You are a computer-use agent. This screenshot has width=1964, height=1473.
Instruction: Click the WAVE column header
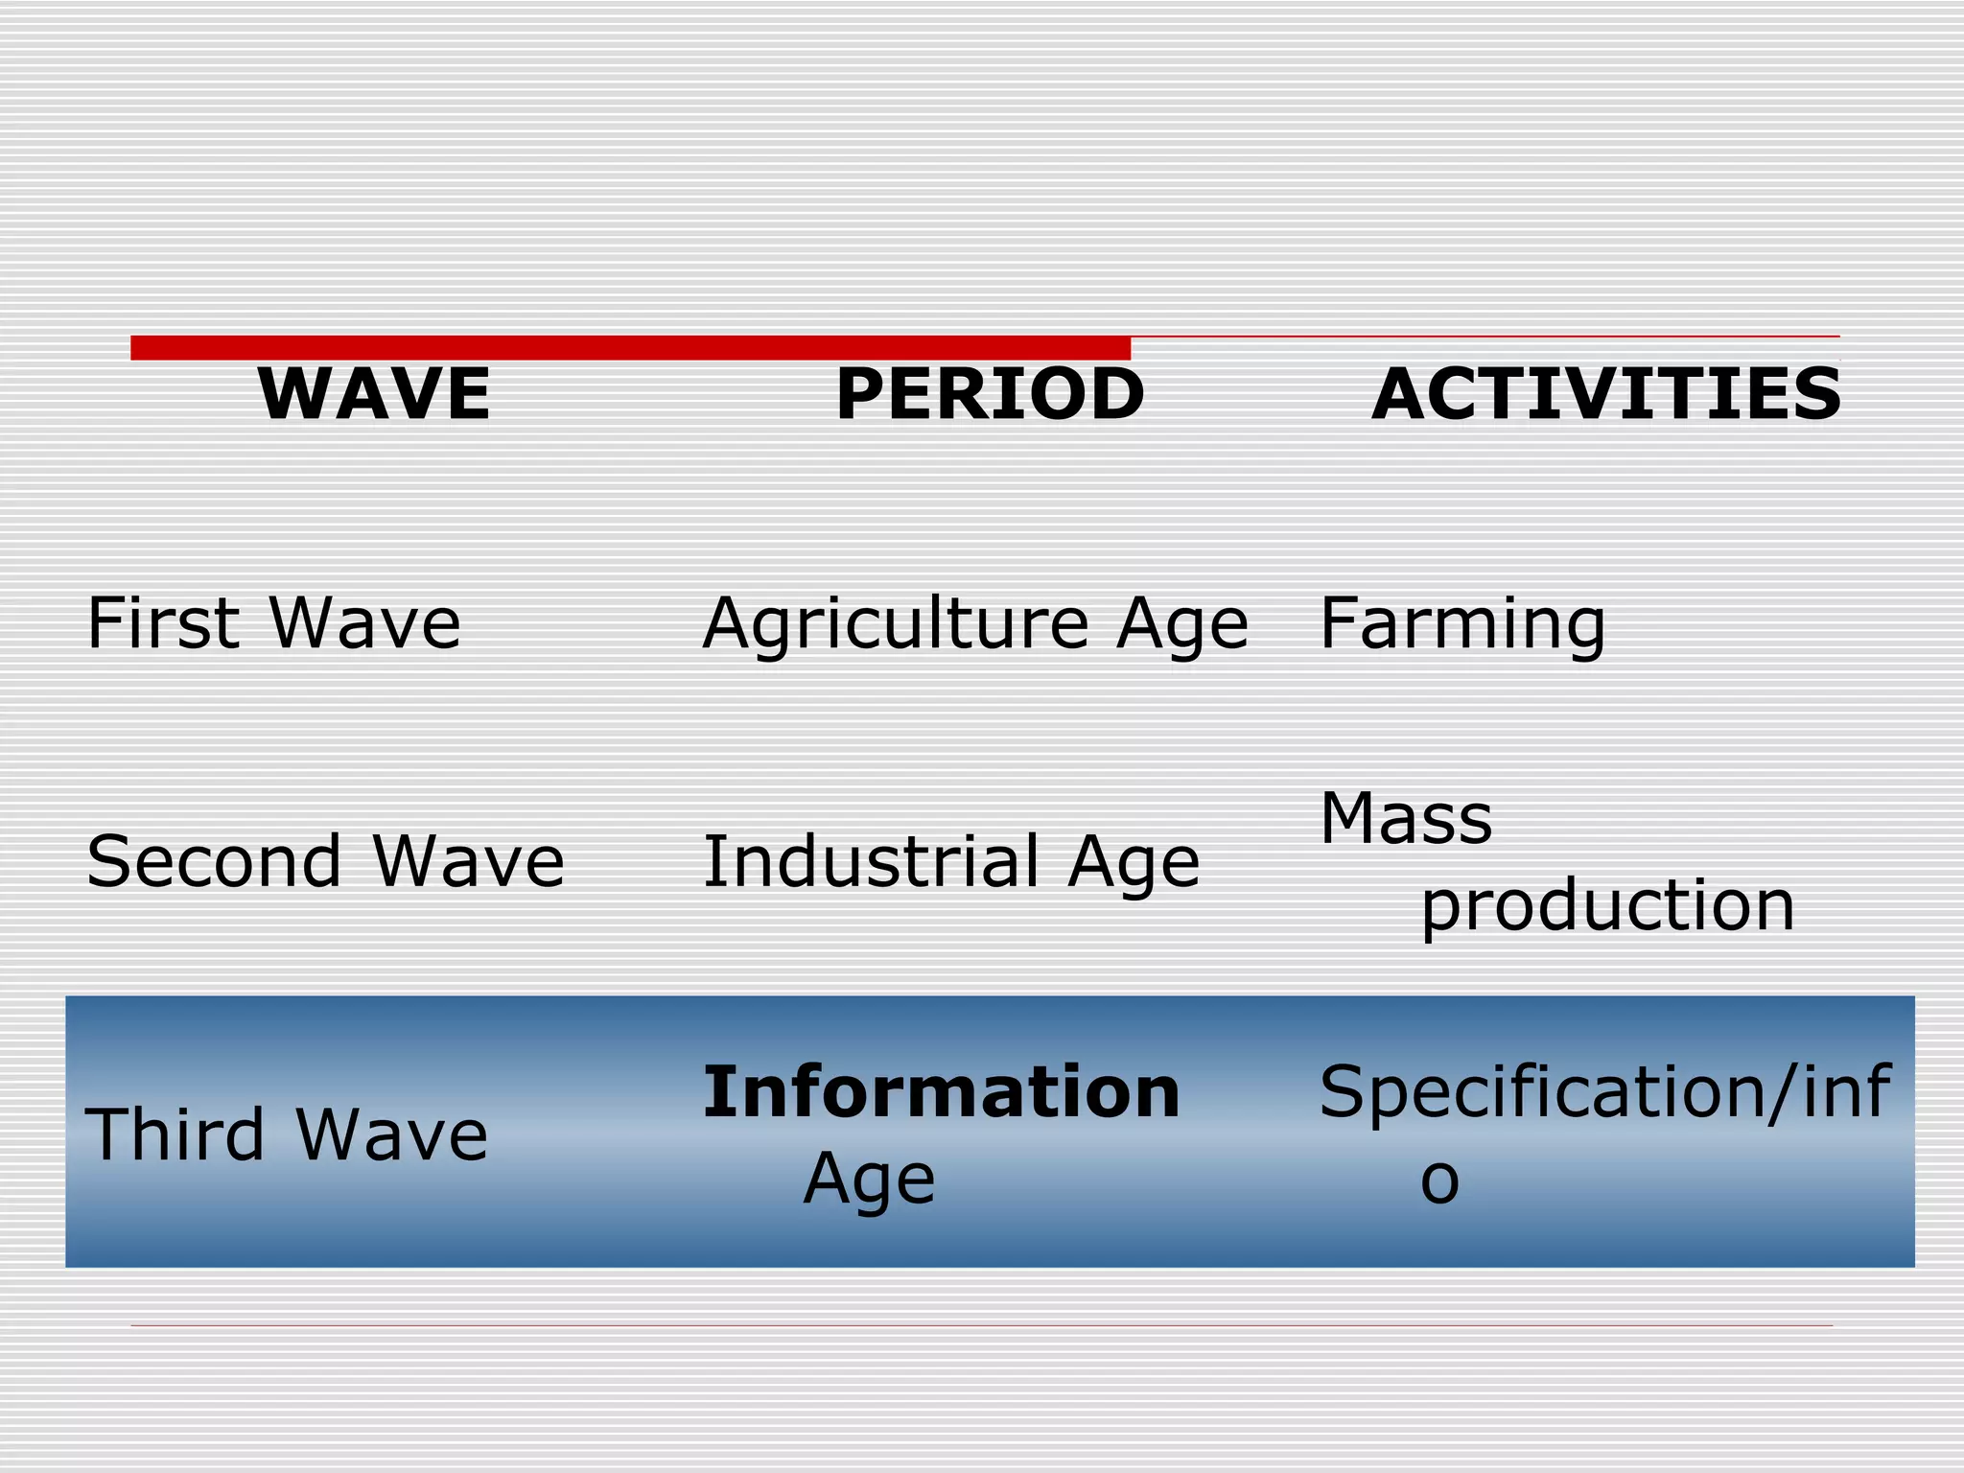[x=374, y=394]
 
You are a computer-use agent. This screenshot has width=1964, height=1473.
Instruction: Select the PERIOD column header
[x=990, y=394]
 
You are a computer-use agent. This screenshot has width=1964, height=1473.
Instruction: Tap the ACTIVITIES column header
[x=1606, y=394]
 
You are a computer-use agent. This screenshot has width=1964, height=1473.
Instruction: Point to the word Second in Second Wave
[x=214, y=861]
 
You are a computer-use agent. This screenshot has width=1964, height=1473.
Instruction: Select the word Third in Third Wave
[x=175, y=1134]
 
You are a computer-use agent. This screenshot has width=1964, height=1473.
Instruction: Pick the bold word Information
[x=941, y=1092]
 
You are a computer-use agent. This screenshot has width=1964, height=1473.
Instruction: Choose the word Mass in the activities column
[x=1406, y=819]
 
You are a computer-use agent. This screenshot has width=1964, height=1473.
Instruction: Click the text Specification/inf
[x=1604, y=1092]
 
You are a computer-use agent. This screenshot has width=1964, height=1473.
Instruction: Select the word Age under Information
[x=869, y=1181]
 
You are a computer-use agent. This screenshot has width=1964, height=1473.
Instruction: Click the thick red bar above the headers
[x=630, y=347]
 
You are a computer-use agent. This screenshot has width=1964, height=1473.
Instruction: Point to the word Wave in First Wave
[x=364, y=623]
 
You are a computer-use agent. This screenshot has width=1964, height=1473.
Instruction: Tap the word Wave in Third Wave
[x=391, y=1134]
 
